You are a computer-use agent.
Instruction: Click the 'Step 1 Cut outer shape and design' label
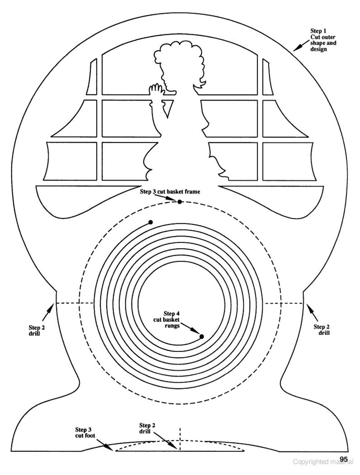tap(323, 40)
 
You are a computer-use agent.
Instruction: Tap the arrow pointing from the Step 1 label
tap(301, 46)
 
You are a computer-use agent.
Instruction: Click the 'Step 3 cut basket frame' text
tap(170, 191)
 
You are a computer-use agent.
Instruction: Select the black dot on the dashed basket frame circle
tap(180, 202)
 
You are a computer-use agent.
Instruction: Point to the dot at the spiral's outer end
tap(151, 223)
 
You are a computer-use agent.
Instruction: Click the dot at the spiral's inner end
tap(202, 336)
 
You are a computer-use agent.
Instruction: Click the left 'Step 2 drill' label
tap(37, 330)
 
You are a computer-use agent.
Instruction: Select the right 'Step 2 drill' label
tap(322, 329)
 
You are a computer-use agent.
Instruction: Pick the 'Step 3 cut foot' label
tap(85, 432)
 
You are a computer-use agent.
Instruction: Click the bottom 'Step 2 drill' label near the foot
tap(147, 428)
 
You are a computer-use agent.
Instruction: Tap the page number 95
tap(344, 459)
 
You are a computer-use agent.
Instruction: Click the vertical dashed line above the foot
tap(180, 439)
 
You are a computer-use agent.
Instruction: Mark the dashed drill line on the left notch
tap(74, 303)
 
